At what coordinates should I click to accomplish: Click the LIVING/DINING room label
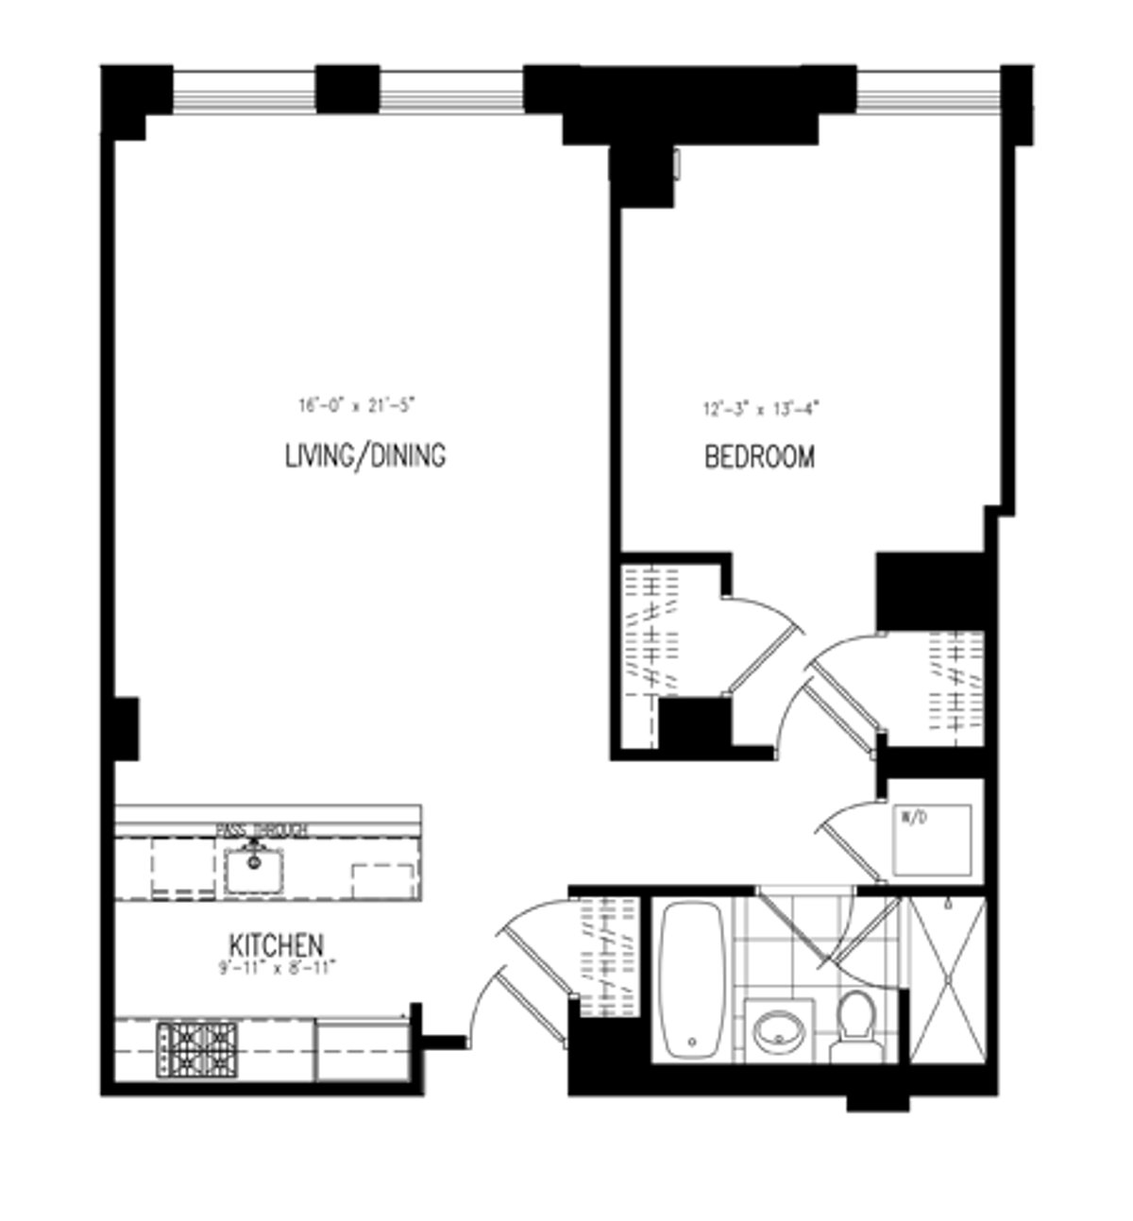tap(364, 456)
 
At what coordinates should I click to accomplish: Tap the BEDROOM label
tap(760, 458)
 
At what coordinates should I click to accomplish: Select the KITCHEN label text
tap(277, 943)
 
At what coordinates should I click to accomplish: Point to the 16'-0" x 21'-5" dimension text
tap(356, 407)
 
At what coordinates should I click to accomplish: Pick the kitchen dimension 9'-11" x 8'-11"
tap(277, 966)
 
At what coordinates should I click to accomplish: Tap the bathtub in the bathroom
tap(691, 981)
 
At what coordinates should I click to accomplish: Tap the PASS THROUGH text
tap(262, 830)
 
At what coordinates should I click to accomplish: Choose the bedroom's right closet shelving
tap(955, 685)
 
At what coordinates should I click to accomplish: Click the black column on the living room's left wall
tap(125, 727)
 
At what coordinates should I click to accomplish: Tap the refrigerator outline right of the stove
tap(362, 1049)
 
